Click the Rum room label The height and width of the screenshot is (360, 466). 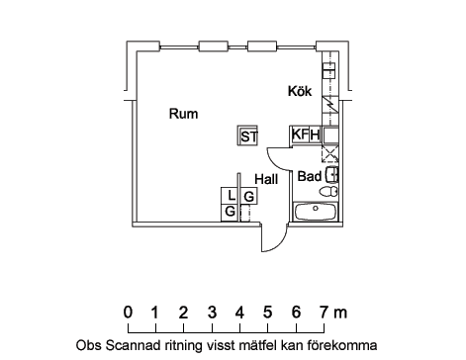pyautogui.click(x=183, y=114)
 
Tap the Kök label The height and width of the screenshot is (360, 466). pyautogui.click(x=300, y=91)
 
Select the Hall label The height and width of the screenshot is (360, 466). pyautogui.click(x=266, y=179)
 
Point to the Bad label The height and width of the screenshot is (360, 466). pyautogui.click(x=310, y=176)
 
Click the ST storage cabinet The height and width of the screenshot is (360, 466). pyautogui.click(x=247, y=135)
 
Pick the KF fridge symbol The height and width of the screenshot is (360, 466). pyautogui.click(x=300, y=135)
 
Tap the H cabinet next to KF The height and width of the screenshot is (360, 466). pyautogui.click(x=315, y=135)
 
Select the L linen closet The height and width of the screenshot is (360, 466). pyautogui.click(x=230, y=196)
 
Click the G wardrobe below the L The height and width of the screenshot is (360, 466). pyautogui.click(x=230, y=212)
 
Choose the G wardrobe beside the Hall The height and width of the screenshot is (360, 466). pyautogui.click(x=249, y=196)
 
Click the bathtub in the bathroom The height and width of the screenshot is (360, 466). pyautogui.click(x=316, y=212)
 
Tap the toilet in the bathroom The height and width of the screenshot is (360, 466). pyautogui.click(x=328, y=191)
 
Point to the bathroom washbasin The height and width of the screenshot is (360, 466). pyautogui.click(x=332, y=175)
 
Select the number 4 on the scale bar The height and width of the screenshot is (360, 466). pyautogui.click(x=239, y=313)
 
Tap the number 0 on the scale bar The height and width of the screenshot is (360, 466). pyautogui.click(x=128, y=313)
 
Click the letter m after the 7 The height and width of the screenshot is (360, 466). pyautogui.click(x=340, y=314)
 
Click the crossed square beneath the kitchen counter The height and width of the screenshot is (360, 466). pyautogui.click(x=329, y=153)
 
